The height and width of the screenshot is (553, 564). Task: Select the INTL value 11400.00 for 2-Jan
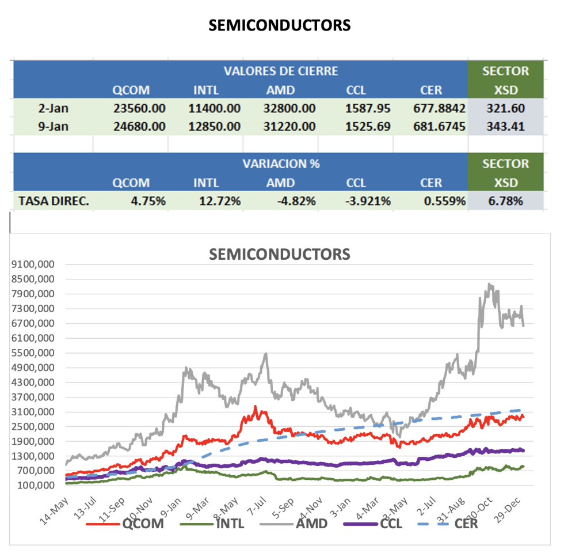point(214,108)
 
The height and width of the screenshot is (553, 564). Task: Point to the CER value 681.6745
point(439,126)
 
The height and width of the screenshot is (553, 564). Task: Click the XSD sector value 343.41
point(505,126)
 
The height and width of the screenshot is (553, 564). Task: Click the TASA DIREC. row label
point(54,201)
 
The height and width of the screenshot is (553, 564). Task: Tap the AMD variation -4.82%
point(296,201)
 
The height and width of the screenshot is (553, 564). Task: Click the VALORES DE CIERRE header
point(281,71)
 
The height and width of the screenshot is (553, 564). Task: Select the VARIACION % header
point(281,164)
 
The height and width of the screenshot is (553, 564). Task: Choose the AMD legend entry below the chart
point(311,524)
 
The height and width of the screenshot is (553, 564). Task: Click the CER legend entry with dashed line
point(466,524)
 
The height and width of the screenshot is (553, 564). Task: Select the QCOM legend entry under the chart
point(143,524)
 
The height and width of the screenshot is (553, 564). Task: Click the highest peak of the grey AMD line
point(489,284)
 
